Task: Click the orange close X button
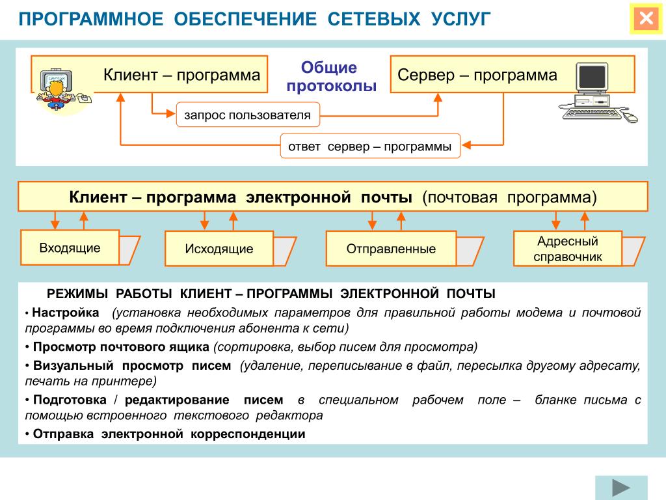coord(646,18)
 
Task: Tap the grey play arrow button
coord(621,488)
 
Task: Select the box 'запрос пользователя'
coord(247,115)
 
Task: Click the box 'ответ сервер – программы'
coord(370,146)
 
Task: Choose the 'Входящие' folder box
coord(70,248)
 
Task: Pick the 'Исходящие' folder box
coord(219,249)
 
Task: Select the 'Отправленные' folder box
coord(391,249)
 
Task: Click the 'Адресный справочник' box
coord(568,249)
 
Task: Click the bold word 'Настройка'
coord(66,312)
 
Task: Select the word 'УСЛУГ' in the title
coord(460,19)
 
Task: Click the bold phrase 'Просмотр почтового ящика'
coord(121,346)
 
